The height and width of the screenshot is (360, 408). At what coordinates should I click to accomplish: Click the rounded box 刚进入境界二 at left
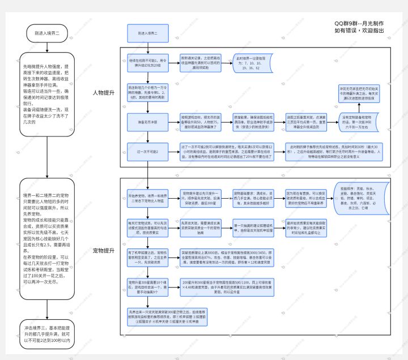pyautogui.click(x=46, y=34)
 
